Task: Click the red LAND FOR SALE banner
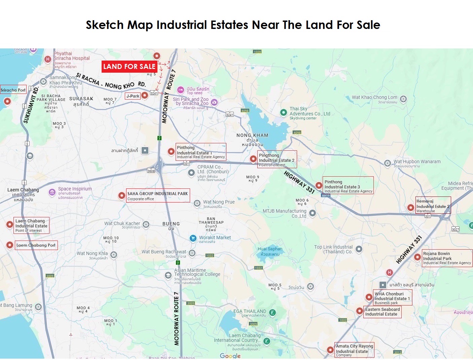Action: [129, 67]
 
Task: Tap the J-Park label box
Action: [133, 96]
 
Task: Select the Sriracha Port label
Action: [13, 90]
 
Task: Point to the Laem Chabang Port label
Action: [36, 245]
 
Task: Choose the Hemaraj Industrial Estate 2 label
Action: [433, 206]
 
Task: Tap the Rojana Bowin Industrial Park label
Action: [447, 258]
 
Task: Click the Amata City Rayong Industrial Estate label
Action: [354, 350]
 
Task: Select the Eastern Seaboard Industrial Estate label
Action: [382, 312]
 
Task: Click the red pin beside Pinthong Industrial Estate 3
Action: [319, 185]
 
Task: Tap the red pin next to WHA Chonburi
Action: [369, 297]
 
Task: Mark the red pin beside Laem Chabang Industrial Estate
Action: [10, 225]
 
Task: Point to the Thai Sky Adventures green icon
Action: [284, 112]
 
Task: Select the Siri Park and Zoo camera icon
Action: [214, 102]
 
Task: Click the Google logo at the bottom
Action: [230, 356]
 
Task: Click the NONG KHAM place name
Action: [252, 135]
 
